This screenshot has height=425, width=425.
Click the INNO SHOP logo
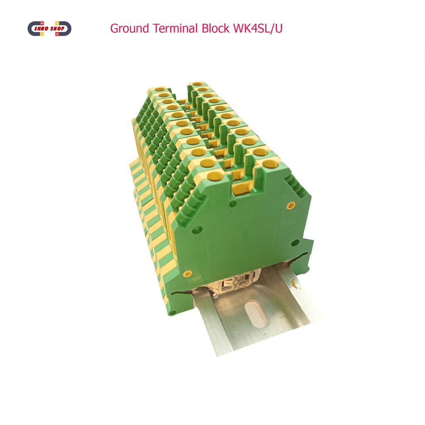click(49, 29)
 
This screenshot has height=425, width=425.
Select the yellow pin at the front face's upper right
click(291, 205)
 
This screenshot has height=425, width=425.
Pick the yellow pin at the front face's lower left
click(188, 274)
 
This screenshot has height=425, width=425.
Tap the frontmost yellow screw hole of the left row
click(216, 176)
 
